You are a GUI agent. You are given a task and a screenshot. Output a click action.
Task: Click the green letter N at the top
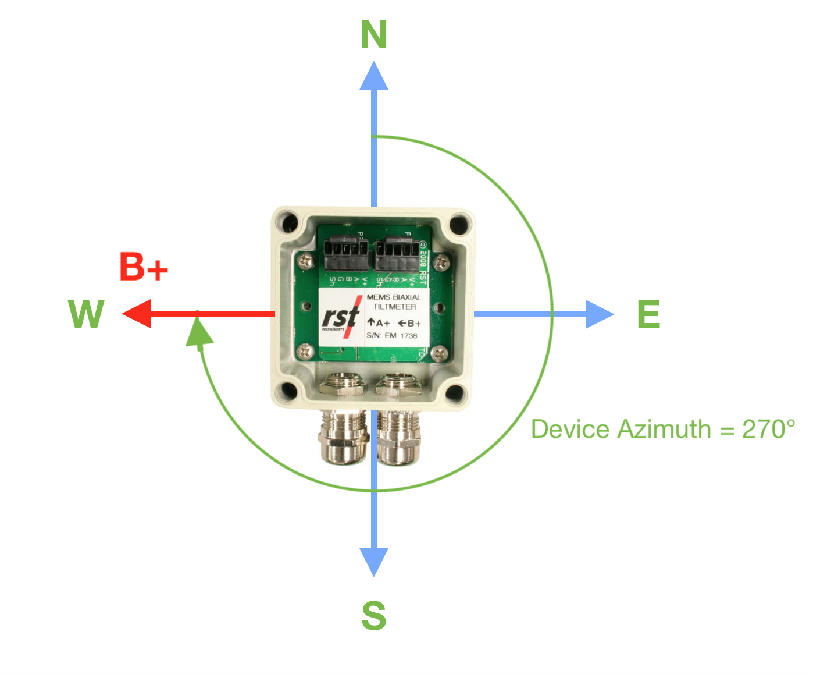374,36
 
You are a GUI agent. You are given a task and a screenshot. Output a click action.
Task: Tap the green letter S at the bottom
374,616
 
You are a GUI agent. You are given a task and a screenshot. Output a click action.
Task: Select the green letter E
649,315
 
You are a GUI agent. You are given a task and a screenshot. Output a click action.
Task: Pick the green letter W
86,315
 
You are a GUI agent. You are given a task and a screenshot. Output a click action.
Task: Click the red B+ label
143,267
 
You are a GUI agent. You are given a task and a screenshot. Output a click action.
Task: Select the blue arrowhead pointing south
374,561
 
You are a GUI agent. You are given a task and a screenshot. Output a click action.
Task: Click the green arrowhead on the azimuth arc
199,334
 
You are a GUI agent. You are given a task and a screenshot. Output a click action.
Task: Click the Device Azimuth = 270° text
662,430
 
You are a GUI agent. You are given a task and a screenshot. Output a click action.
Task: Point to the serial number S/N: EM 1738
392,336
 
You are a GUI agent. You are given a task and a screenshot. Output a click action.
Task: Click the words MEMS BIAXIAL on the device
394,297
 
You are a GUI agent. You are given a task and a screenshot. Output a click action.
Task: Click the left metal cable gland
344,434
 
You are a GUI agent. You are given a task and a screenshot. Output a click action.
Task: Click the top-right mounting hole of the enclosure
459,224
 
